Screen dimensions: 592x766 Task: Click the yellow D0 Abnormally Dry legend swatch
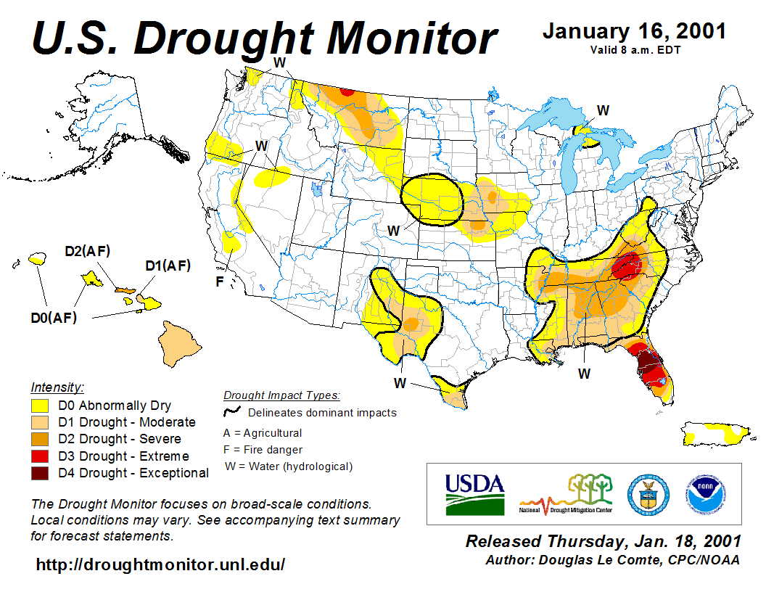pyautogui.click(x=41, y=406)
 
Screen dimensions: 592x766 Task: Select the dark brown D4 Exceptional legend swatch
pyautogui.click(x=41, y=473)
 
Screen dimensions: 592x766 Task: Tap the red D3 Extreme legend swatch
pyautogui.click(x=41, y=456)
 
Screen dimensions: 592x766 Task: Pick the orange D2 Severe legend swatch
pyautogui.click(x=41, y=439)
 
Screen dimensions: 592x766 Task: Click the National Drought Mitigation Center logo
pyautogui.click(x=566, y=494)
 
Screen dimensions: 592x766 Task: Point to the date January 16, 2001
pyautogui.click(x=634, y=32)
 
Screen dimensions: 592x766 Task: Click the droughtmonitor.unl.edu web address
pyautogui.click(x=160, y=564)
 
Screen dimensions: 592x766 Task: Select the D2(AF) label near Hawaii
pyautogui.click(x=87, y=252)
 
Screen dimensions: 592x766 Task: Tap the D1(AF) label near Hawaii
pyautogui.click(x=168, y=266)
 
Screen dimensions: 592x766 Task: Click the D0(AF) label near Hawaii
pyautogui.click(x=53, y=317)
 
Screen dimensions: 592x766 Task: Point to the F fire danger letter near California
pyautogui.click(x=220, y=281)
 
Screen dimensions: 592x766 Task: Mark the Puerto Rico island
pyautogui.click(x=716, y=432)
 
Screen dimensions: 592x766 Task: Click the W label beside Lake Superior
pyautogui.click(x=603, y=110)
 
